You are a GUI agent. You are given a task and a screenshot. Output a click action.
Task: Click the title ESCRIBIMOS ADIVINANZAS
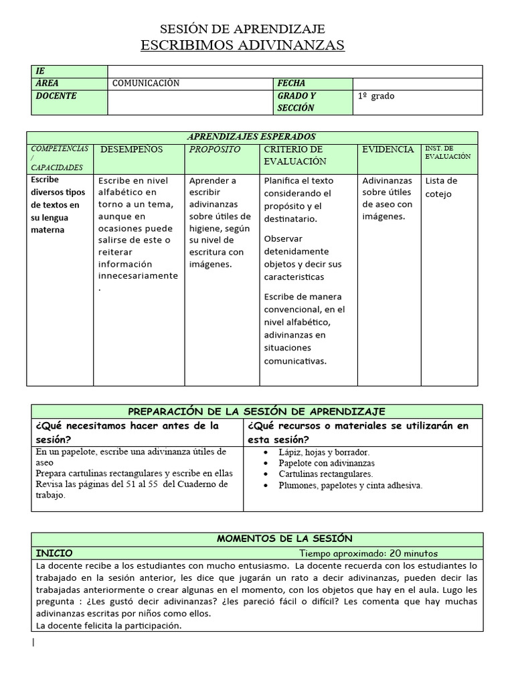coord(242,46)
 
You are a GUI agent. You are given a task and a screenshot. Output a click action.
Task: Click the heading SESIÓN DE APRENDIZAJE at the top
coord(242,29)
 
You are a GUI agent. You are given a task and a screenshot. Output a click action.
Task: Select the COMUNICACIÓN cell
coord(146,84)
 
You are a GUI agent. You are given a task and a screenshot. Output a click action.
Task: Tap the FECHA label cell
coord(291,84)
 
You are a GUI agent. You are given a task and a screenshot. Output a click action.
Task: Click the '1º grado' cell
coord(376,96)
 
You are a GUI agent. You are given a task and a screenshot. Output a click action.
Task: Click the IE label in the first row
coord(41,71)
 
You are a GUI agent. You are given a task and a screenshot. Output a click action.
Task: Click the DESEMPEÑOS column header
coord(131,149)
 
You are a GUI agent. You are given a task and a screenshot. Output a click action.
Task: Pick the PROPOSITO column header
coord(214,149)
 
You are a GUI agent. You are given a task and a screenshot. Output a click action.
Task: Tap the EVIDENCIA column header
coord(388,149)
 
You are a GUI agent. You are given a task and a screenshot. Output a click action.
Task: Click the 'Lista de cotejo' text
coord(441,187)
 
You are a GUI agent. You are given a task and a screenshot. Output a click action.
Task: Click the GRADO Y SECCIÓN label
coord(296,102)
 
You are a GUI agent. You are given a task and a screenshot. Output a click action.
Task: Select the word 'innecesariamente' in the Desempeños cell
coord(138,275)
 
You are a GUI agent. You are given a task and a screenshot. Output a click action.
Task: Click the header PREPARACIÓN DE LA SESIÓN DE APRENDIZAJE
coord(256,411)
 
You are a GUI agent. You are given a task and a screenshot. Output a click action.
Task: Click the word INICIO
coord(54,553)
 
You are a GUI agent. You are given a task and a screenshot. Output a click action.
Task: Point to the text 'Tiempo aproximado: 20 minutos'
coord(368,553)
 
